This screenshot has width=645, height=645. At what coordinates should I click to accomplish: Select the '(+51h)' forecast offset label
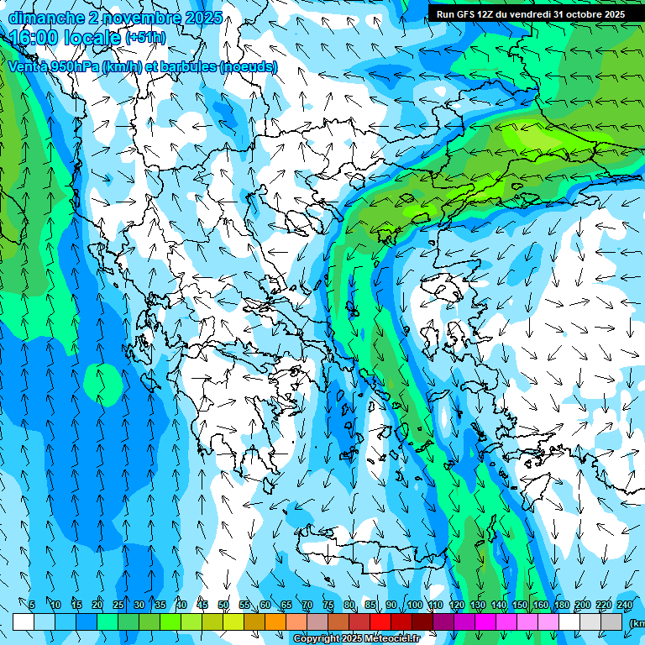(145, 38)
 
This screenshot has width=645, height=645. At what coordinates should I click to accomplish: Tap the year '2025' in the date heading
(202, 18)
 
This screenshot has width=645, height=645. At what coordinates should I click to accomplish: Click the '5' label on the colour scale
(32, 605)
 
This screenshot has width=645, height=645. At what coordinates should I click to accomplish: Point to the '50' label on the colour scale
(223, 605)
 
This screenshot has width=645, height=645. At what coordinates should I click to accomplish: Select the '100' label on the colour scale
(414, 605)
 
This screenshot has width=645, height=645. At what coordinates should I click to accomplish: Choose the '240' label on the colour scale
(624, 605)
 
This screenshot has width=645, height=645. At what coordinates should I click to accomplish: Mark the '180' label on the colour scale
(561, 605)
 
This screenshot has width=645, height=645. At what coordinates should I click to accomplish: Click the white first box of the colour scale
(24, 621)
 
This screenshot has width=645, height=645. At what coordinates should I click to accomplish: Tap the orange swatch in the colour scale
(275, 621)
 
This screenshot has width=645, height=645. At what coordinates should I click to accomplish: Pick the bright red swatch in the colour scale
(380, 621)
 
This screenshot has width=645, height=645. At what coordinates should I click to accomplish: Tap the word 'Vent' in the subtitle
(23, 66)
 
